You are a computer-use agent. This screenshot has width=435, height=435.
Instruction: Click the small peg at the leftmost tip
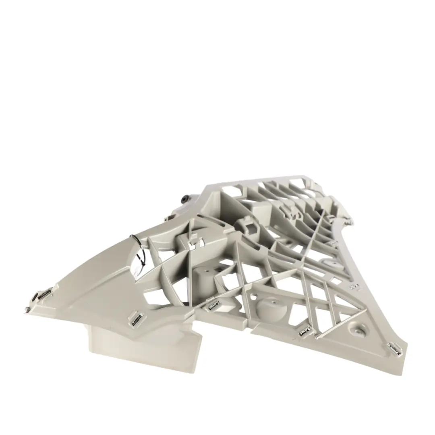26,309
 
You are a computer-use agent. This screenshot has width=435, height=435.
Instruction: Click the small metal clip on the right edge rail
354,287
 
